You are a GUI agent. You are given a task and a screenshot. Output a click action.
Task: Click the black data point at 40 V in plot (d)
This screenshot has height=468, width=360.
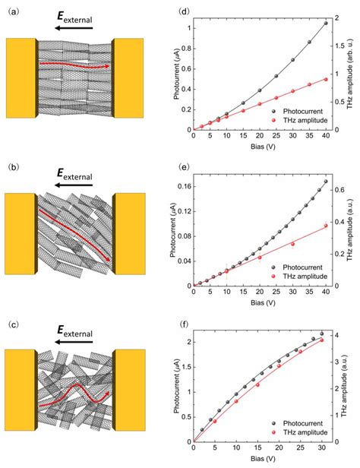click(x=326, y=24)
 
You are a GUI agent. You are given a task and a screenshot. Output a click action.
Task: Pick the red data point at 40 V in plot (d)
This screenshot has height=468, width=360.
click(x=326, y=80)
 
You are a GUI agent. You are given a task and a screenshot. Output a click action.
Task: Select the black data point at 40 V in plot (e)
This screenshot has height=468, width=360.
click(x=326, y=182)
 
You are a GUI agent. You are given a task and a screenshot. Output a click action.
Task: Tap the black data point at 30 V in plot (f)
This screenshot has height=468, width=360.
click(x=321, y=334)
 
